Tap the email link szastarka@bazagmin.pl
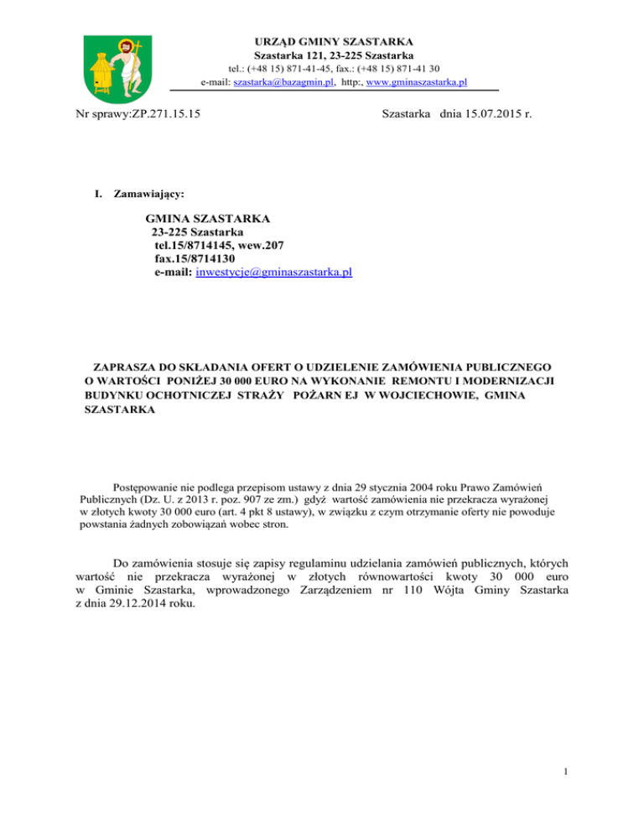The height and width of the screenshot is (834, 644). coord(285,82)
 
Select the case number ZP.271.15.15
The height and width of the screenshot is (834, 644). coord(164,112)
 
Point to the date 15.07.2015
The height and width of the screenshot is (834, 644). coord(484,112)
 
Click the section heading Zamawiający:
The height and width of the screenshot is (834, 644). coord(138,194)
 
